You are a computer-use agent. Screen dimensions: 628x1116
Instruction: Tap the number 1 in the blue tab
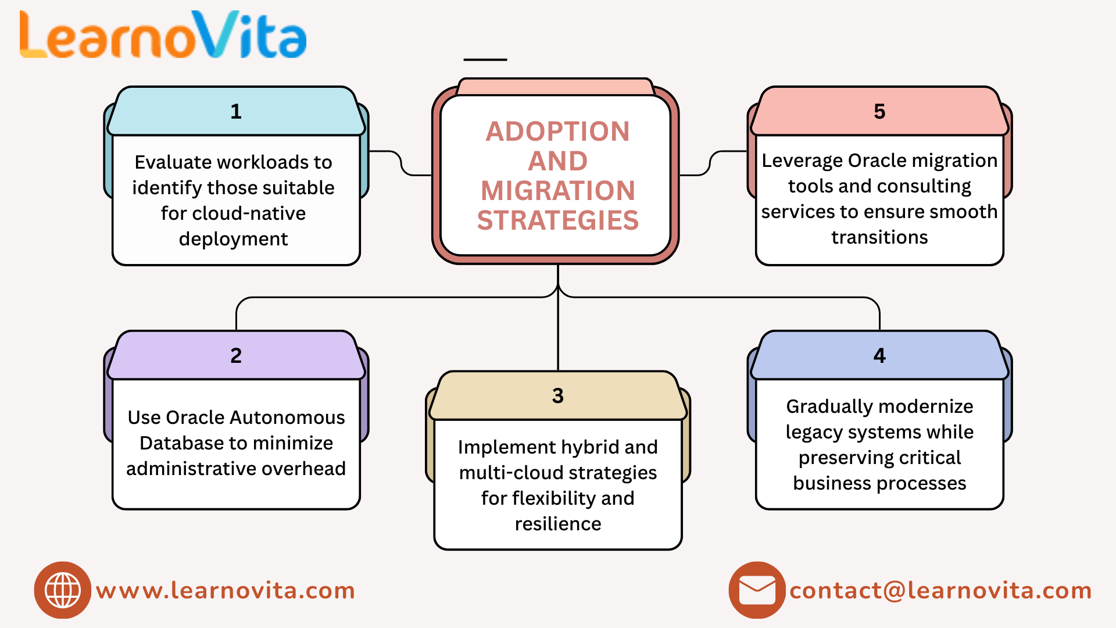pyautogui.click(x=235, y=112)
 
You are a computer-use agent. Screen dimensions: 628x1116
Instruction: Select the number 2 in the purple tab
pyautogui.click(x=235, y=356)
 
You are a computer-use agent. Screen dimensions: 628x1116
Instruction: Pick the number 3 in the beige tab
pyautogui.click(x=557, y=396)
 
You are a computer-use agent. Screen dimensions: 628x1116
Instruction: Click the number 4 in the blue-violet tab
pyautogui.click(x=879, y=356)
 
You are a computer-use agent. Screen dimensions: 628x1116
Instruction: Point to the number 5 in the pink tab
pyautogui.click(x=879, y=112)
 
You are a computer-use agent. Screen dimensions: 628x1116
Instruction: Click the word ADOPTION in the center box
pyautogui.click(x=557, y=131)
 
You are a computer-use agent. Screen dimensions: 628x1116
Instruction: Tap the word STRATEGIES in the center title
pyautogui.click(x=557, y=221)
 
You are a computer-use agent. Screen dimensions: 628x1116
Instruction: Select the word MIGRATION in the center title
pyautogui.click(x=557, y=191)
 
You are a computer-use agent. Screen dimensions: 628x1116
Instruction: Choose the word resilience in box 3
pyautogui.click(x=557, y=524)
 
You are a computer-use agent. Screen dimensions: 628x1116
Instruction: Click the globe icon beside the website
pyautogui.click(x=63, y=590)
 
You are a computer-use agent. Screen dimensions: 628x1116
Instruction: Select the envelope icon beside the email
pyautogui.click(x=757, y=590)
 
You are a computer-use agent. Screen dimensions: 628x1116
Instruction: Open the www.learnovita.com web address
pyautogui.click(x=226, y=591)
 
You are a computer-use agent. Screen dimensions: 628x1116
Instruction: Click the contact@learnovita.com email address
pyautogui.click(x=940, y=591)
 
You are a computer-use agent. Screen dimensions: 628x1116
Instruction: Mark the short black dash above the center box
pyautogui.click(x=485, y=59)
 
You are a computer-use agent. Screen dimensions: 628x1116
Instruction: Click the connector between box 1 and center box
pyautogui.click(x=401, y=163)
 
